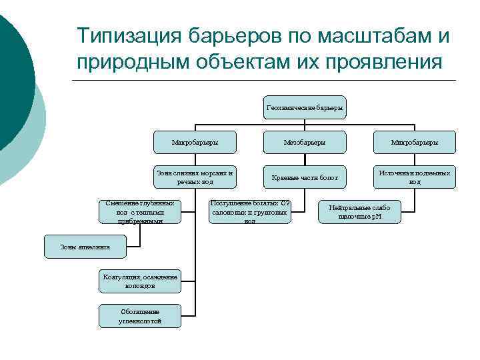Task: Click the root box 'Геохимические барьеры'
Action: click(x=305, y=107)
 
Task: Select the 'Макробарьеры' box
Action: click(x=194, y=142)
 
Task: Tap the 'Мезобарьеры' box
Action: click(x=305, y=142)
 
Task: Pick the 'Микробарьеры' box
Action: click(x=414, y=142)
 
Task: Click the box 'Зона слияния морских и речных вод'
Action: click(x=194, y=177)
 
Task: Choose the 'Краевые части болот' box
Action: click(x=305, y=177)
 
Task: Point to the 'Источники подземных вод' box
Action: click(x=414, y=177)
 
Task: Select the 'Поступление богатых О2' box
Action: click(x=249, y=212)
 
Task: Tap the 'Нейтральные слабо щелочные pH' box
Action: click(x=359, y=212)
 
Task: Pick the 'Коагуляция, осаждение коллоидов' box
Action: click(x=140, y=281)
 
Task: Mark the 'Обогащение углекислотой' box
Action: click(x=140, y=316)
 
